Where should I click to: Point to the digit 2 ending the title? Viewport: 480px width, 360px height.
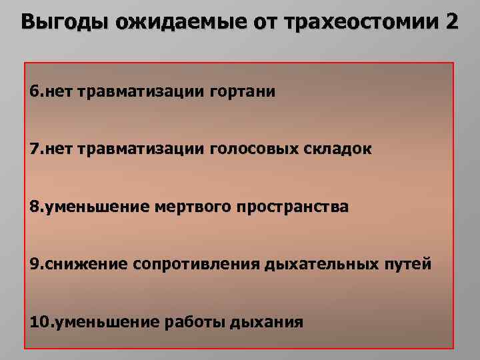(450, 23)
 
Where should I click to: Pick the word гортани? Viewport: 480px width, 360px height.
(242, 91)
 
